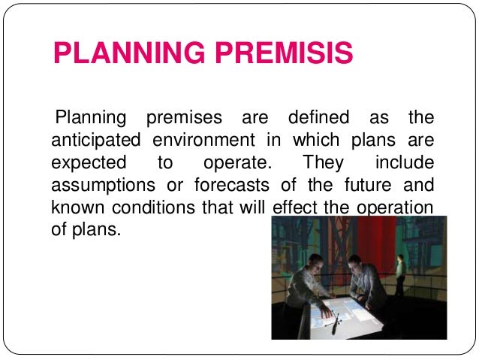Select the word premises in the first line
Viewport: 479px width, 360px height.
[183, 119]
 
